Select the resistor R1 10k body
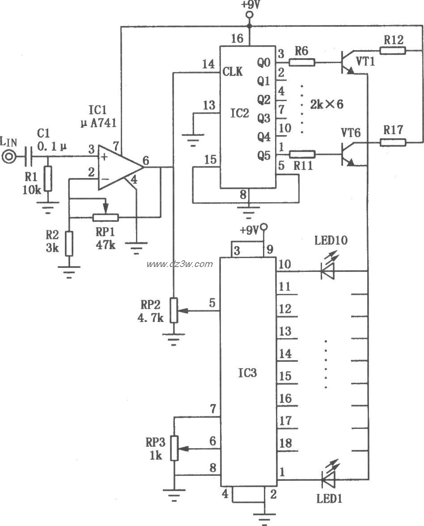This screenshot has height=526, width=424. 48,179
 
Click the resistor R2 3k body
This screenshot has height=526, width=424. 68,243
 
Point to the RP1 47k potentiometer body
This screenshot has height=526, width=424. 106,217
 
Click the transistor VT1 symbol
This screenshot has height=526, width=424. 348,62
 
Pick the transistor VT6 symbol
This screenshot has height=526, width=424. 348,154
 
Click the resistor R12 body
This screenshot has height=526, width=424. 393,51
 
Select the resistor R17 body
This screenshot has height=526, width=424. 393,143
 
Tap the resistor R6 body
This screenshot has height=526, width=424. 302,62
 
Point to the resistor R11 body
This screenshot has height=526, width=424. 302,154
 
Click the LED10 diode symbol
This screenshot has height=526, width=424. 327,271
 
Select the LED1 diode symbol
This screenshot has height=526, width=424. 327,481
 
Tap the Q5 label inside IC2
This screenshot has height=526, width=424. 264,155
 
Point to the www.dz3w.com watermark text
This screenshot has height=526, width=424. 180,264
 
